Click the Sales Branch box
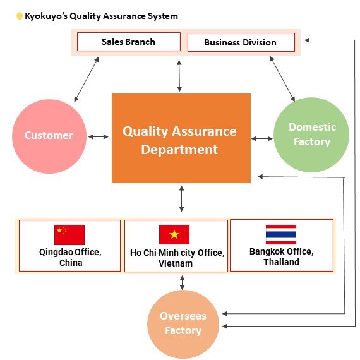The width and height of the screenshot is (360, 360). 128,42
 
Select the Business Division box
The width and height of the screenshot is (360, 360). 241,42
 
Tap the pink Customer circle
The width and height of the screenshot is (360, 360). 49,135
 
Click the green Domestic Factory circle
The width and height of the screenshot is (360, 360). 312,134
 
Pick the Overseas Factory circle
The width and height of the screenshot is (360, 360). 183,323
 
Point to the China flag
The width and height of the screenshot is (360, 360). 69,234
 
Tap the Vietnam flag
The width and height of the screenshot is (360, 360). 174,234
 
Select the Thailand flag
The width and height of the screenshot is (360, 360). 280,234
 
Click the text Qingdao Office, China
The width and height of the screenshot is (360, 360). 70,257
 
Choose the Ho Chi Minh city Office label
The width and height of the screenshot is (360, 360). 176,258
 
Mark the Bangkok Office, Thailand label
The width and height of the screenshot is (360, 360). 281,256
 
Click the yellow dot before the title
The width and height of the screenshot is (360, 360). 20,16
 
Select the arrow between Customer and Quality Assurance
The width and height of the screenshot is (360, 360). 99,136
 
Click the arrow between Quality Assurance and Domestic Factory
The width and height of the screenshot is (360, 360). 262,138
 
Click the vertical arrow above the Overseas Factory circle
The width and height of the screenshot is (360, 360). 183,282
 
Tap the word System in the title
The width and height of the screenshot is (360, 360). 162,16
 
